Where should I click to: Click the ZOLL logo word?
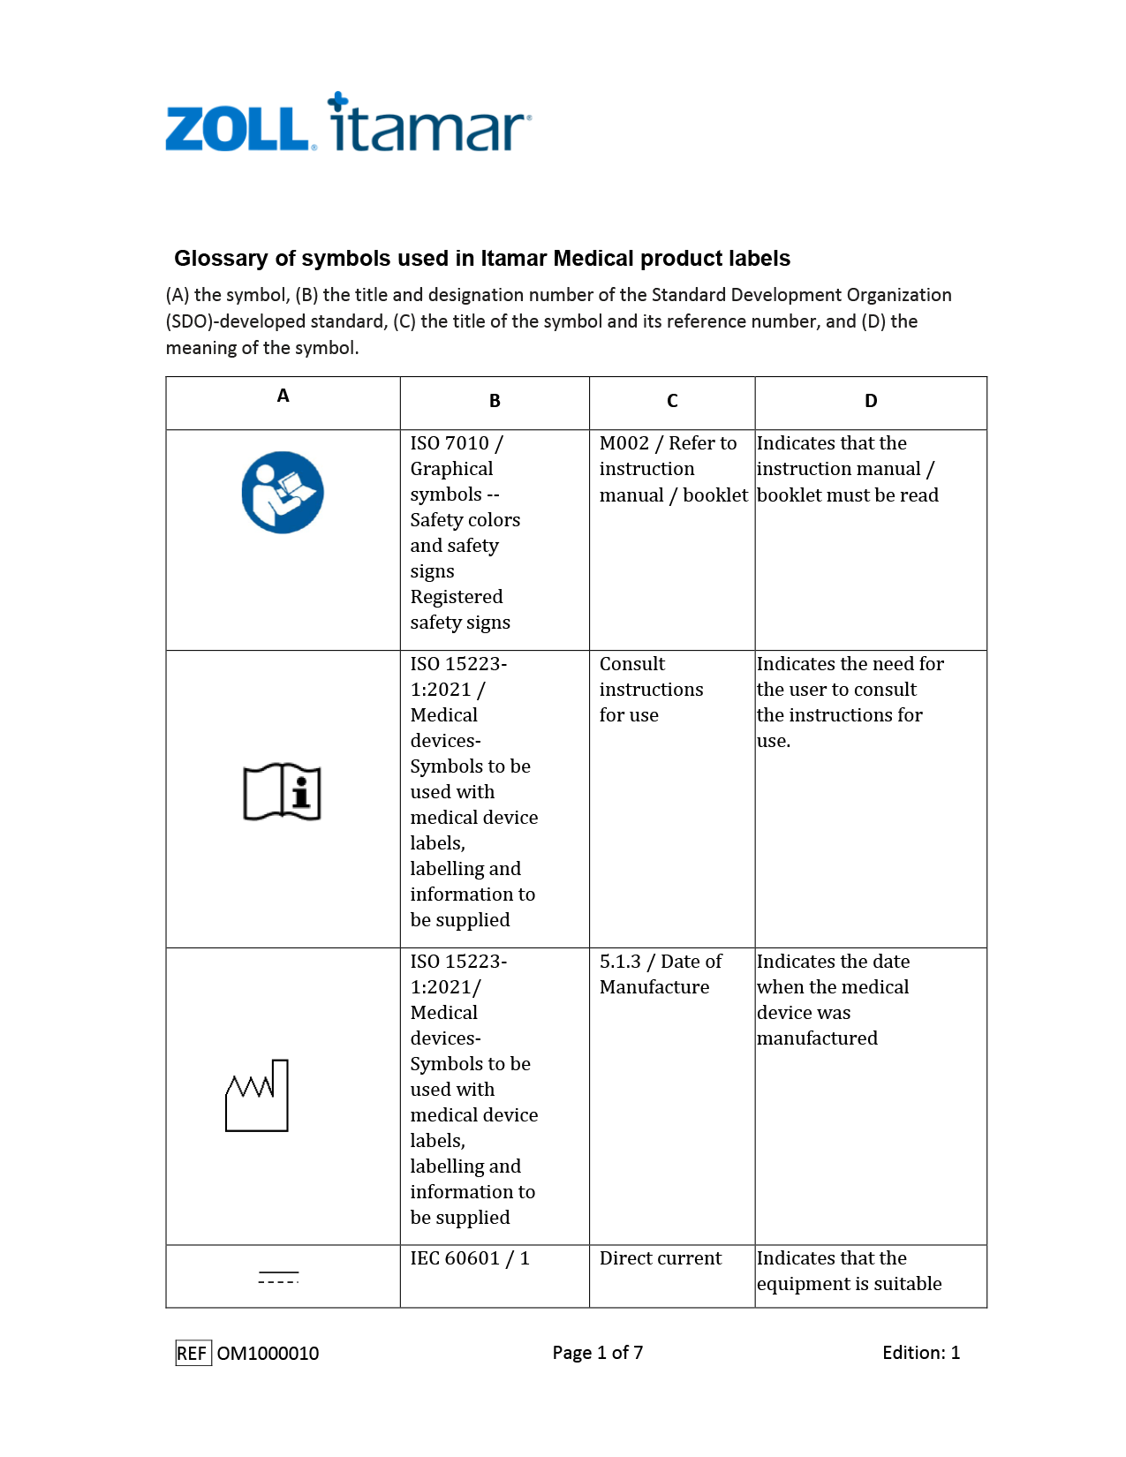237,129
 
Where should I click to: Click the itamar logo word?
429,125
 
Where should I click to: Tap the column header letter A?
283,396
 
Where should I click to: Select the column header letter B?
495,401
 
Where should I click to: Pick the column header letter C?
672,401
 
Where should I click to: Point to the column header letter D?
871,401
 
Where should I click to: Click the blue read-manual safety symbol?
283,493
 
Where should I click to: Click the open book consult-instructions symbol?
283,791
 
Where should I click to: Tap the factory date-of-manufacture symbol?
257,1096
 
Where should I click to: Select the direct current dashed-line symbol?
278,1277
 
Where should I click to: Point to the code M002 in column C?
623,443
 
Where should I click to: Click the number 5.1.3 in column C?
620,962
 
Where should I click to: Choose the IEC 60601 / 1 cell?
470,1258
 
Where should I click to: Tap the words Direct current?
660,1258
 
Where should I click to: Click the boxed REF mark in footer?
193,1353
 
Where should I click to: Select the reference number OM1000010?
268,1353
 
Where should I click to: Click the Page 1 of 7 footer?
598,1353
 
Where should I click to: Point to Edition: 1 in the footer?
920,1353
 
